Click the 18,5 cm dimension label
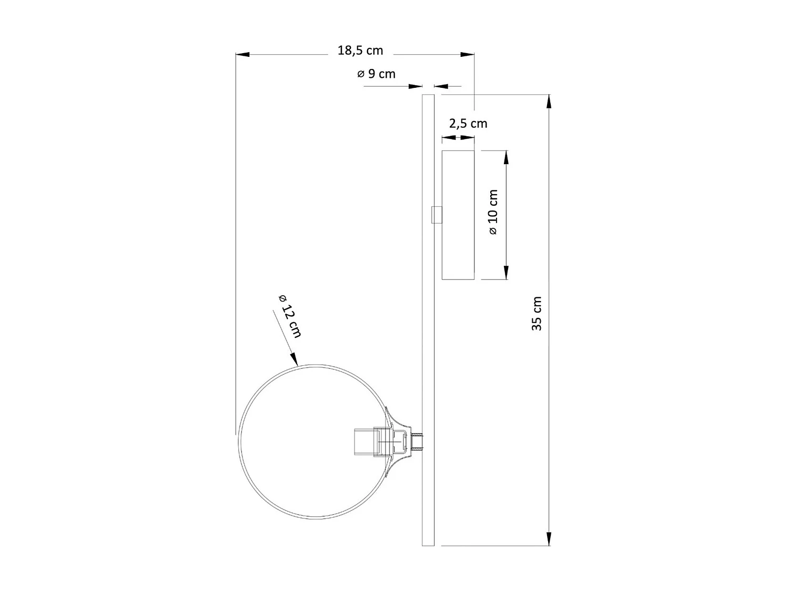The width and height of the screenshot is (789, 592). pos(360,51)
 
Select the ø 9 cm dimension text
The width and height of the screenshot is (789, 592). pos(376,74)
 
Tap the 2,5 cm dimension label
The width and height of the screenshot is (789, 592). pos(468,124)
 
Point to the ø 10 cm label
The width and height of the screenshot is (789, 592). pos(493,212)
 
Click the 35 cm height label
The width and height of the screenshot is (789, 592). pos(537,314)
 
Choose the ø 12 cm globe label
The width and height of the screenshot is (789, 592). pos(290,316)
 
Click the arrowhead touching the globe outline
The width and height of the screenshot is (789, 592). pos(294,359)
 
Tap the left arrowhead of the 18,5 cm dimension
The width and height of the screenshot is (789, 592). pos(242,55)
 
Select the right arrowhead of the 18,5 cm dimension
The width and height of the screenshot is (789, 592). pos(467,55)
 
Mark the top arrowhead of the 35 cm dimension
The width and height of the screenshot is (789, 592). pos(549,102)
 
